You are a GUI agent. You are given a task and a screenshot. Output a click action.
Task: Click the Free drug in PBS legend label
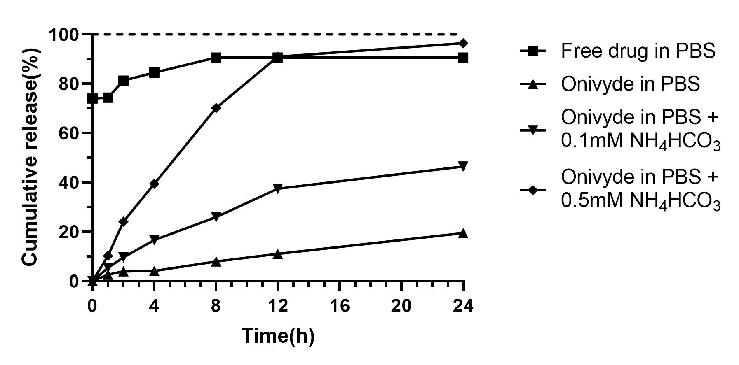(x=638, y=51)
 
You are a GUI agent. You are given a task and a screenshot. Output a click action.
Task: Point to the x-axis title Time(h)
(x=278, y=336)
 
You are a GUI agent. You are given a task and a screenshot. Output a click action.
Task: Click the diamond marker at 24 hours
(x=463, y=43)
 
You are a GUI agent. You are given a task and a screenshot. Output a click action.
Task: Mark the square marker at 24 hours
(x=463, y=58)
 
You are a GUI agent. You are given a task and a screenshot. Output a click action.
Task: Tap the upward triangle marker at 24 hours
(x=463, y=233)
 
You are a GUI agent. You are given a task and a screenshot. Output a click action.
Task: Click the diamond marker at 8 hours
(x=216, y=108)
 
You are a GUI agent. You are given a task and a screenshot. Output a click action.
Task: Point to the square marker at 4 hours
(x=154, y=73)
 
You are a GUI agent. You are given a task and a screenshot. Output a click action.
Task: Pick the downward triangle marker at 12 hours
(x=278, y=188)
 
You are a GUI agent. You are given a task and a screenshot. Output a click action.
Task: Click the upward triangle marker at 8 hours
(x=216, y=262)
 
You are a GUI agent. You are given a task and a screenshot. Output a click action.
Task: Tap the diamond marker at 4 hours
(x=154, y=184)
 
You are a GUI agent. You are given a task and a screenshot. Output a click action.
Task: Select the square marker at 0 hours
(x=92, y=98)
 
